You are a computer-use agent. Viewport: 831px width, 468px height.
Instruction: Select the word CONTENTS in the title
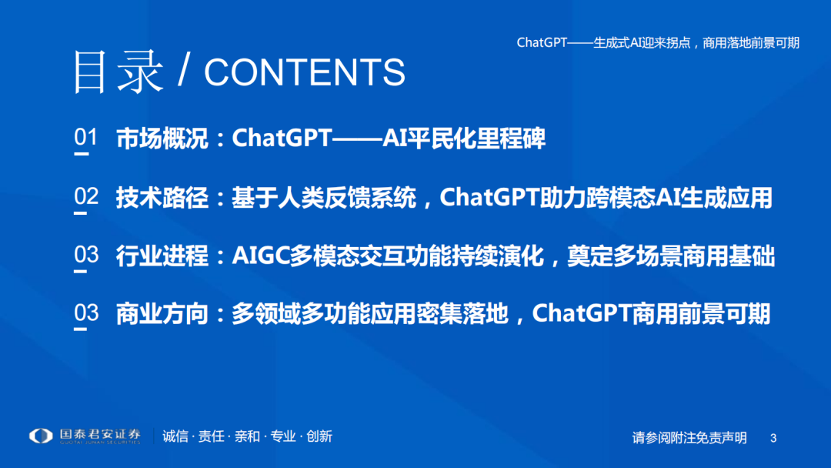pos(305,72)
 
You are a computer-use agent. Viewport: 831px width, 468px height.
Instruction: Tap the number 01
pos(86,138)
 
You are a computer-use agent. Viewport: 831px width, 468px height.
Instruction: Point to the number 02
pos(86,196)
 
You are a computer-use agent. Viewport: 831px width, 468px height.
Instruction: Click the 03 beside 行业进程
pos(86,255)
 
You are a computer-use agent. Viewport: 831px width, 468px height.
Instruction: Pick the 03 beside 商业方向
pos(86,313)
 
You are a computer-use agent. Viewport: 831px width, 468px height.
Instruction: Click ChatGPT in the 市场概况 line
pos(282,139)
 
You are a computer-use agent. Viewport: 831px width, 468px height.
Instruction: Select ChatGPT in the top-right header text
pos(542,43)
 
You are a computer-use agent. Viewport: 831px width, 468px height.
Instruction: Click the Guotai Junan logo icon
pos(41,436)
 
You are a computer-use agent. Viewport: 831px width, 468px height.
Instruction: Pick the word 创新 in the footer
pos(319,436)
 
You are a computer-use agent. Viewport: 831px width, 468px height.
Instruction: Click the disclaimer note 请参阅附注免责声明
pos(689,438)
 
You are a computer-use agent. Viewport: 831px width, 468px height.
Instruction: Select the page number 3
pos(773,438)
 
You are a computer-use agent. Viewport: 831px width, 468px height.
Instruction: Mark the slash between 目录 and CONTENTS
pos(184,72)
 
